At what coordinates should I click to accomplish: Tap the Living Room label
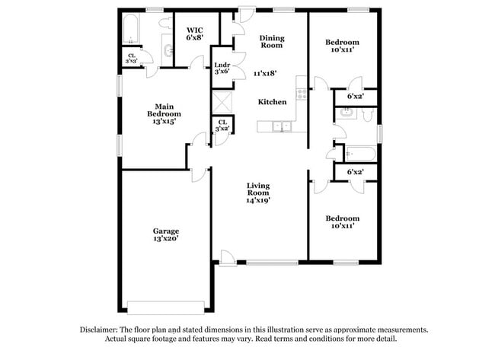pyautogui.click(x=259, y=193)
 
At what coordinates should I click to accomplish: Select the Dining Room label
pyautogui.click(x=272, y=41)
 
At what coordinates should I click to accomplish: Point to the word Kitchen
pyautogui.click(x=272, y=102)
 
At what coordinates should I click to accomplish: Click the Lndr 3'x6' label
pyautogui.click(x=222, y=68)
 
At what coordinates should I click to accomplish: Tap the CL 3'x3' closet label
pyautogui.click(x=132, y=57)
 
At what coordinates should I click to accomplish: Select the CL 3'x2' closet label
pyautogui.click(x=222, y=126)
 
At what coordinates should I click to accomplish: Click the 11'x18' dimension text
pyautogui.click(x=265, y=74)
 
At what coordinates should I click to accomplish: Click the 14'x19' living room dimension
pyautogui.click(x=259, y=201)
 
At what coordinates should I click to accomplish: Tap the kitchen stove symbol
pyautogui.click(x=302, y=94)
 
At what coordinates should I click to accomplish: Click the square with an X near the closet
pyautogui.click(x=222, y=101)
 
